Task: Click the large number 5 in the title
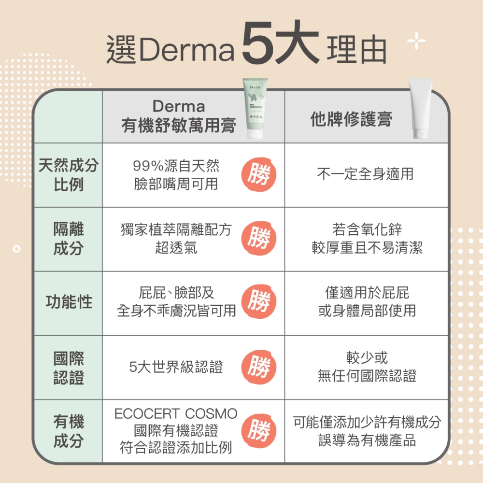point(258,42)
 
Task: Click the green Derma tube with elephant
point(255,108)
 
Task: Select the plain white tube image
point(421,108)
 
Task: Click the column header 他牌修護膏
point(351,119)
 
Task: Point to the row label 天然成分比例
point(69,175)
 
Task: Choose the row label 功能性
point(69,301)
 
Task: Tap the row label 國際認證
point(69,368)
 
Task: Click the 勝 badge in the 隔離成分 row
point(259,238)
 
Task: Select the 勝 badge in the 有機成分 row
point(259,430)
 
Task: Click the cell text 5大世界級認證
point(176,367)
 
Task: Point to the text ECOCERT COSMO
point(176,413)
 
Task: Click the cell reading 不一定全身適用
point(365,174)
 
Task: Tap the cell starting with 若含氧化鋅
point(367,239)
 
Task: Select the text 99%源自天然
point(176,166)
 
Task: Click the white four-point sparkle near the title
point(416,41)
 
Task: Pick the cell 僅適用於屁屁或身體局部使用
point(367,301)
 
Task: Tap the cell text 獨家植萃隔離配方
point(176,230)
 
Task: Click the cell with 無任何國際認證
point(367,367)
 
